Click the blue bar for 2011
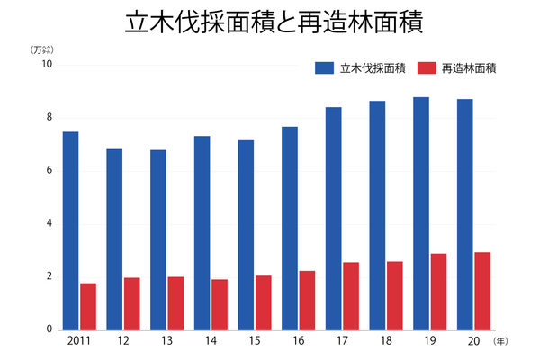pyautogui.click(x=70, y=230)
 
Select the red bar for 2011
pyautogui.click(x=88, y=306)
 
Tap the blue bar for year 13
pyautogui.click(x=158, y=239)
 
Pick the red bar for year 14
pyautogui.click(x=220, y=304)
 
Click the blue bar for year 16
pyautogui.click(x=290, y=228)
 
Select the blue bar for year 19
pyautogui.click(x=421, y=213)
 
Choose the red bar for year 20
pyautogui.click(x=482, y=291)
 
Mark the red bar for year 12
pyautogui.click(x=132, y=303)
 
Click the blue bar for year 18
pyautogui.click(x=377, y=215)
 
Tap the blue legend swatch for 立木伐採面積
pyautogui.click(x=324, y=67)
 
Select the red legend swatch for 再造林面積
pyautogui.click(x=428, y=67)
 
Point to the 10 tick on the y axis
pyautogui.click(x=47, y=65)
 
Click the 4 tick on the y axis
pyautogui.click(x=49, y=223)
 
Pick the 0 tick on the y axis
pyautogui.click(x=49, y=329)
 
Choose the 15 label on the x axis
pyautogui.click(x=255, y=342)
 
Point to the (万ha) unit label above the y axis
pyautogui.click(x=42, y=49)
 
